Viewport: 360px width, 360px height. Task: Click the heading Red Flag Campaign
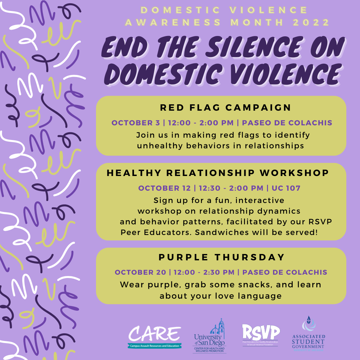tap(226, 108)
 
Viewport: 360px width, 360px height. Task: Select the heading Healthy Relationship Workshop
tap(218, 173)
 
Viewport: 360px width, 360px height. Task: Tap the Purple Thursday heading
tap(222, 257)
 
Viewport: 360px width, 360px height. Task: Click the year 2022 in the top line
tap(311, 22)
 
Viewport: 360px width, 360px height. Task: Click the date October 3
tap(136, 123)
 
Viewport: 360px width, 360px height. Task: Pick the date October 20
tap(140, 272)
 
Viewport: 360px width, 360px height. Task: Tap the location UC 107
tap(286, 188)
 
